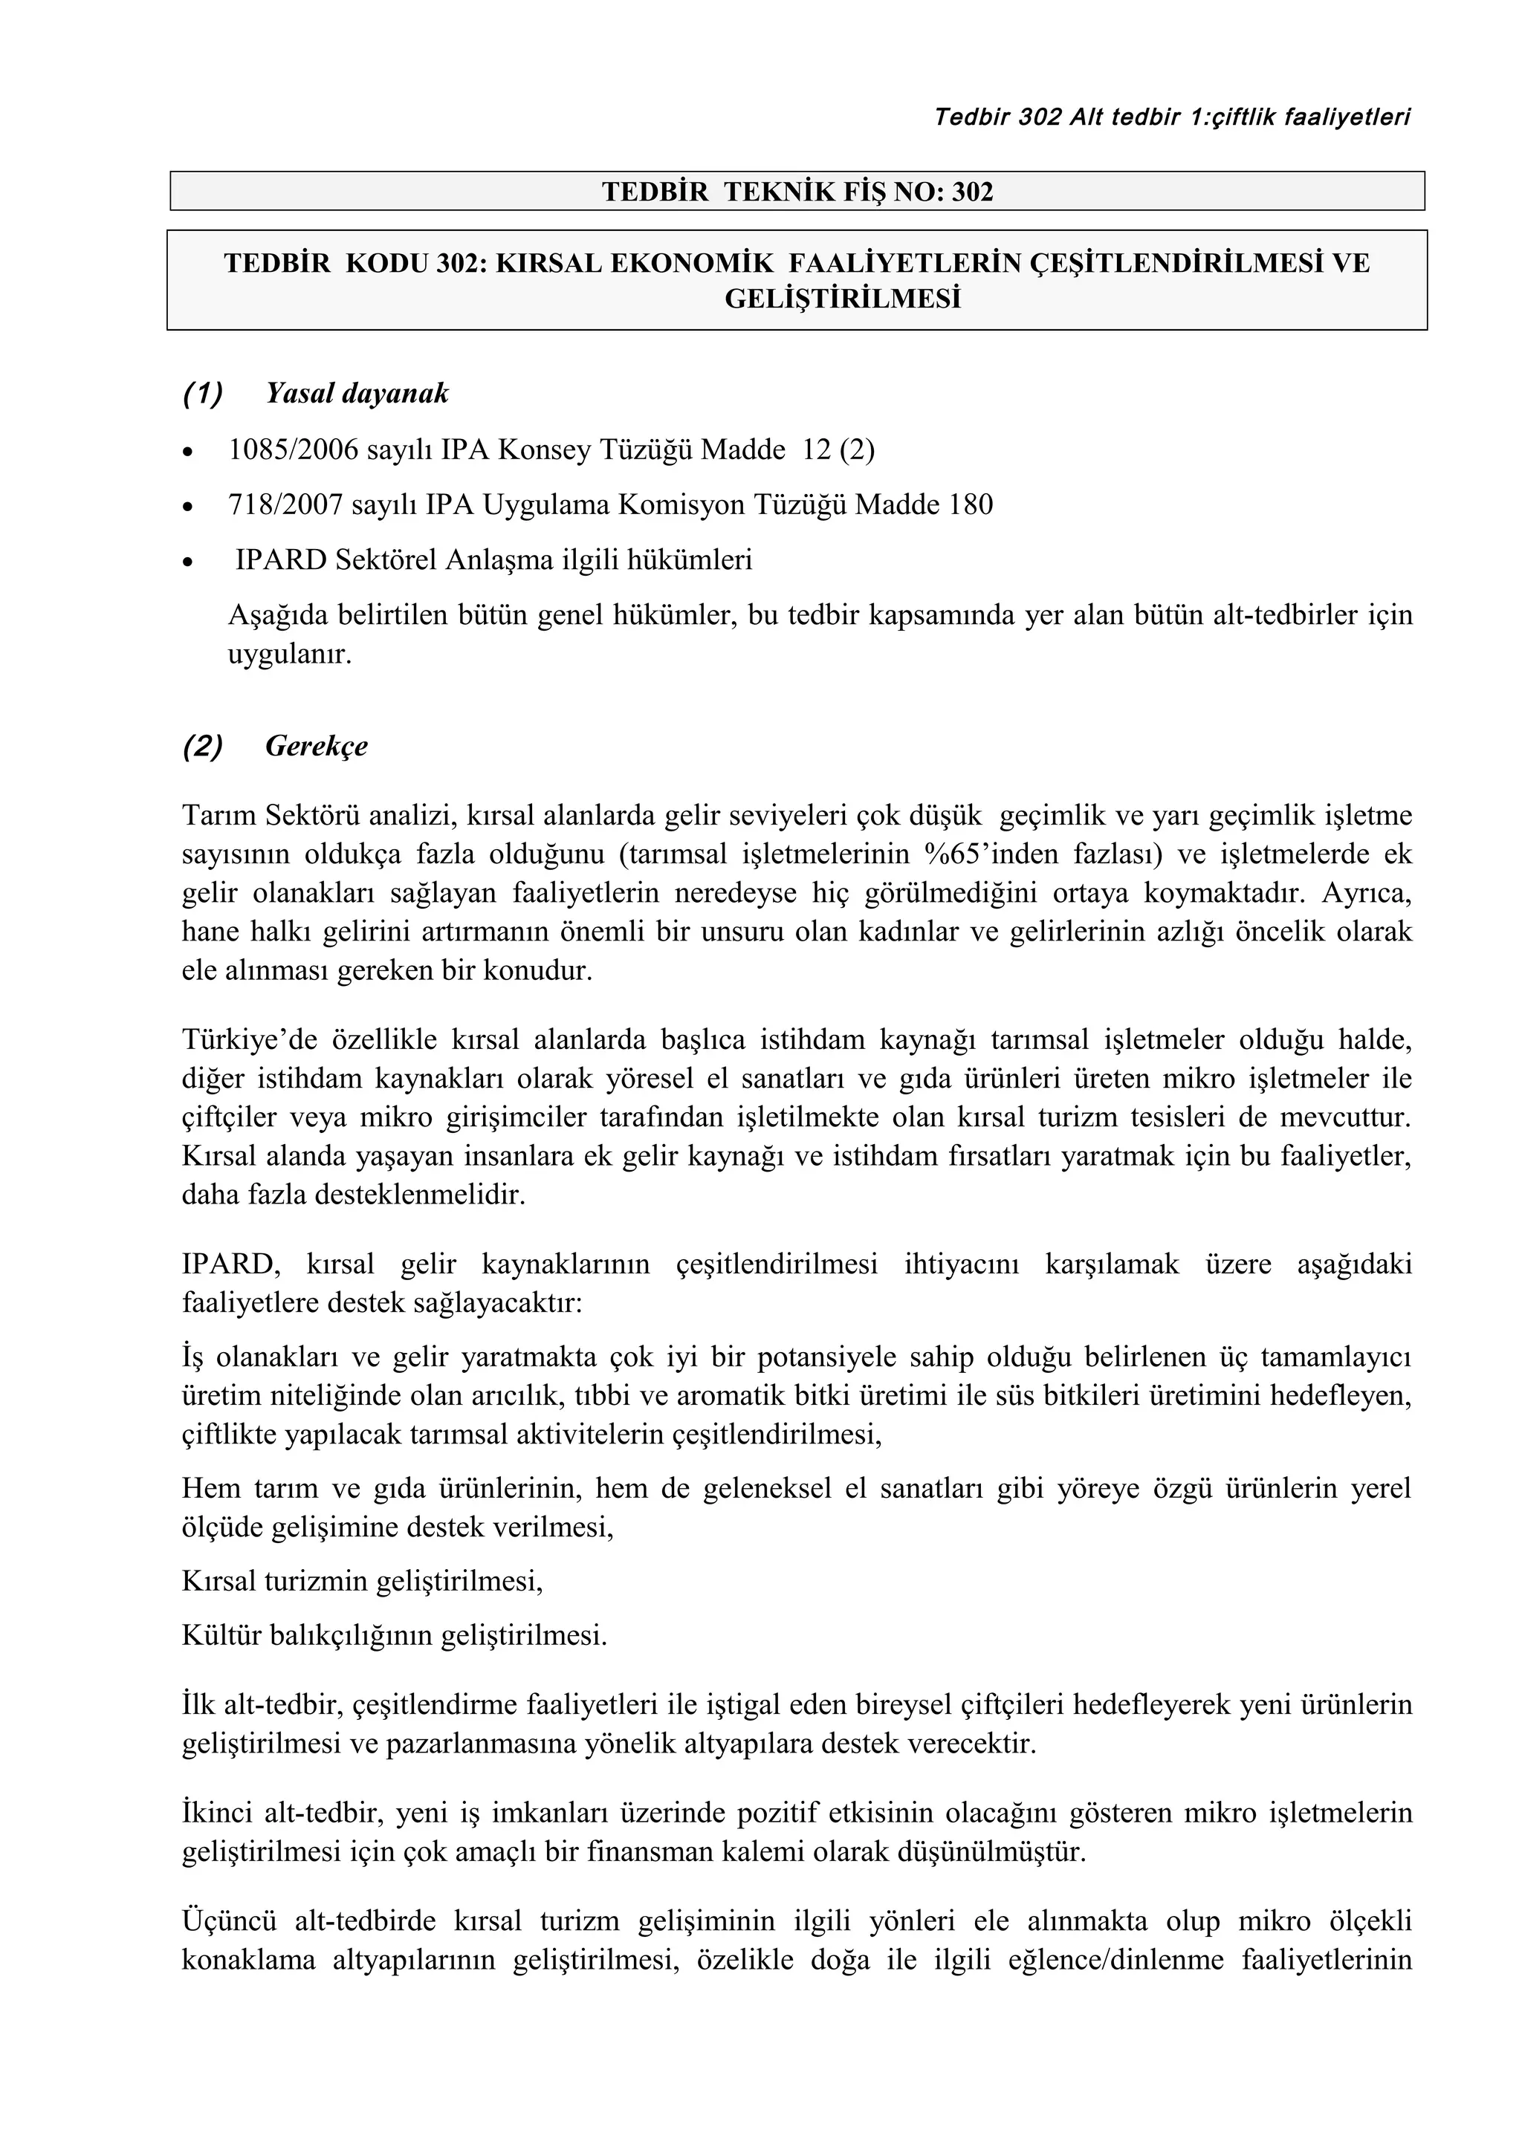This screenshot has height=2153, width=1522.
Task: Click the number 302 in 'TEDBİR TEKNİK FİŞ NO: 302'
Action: point(973,192)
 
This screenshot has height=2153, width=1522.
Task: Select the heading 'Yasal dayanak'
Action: point(357,394)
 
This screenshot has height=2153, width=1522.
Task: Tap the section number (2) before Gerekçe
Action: point(203,747)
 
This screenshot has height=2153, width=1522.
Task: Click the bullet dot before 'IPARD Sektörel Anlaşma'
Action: point(190,562)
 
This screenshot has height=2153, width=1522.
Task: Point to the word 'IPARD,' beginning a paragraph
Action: point(230,1265)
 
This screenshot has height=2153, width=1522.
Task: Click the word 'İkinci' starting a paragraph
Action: point(218,1813)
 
